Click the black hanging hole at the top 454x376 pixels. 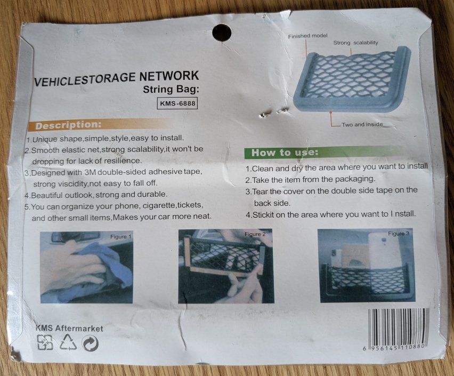click(x=222, y=33)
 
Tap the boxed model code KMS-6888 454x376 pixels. click(x=177, y=103)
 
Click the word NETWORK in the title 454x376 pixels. click(x=169, y=76)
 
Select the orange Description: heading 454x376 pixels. click(x=68, y=125)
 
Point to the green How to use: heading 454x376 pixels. click(x=285, y=153)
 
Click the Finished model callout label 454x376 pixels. click(x=308, y=36)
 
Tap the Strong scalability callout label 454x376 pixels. click(x=355, y=43)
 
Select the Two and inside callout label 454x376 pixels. click(x=362, y=124)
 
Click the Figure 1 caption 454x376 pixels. click(x=121, y=237)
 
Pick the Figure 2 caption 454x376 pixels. click(x=255, y=234)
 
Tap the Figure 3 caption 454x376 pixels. click(x=399, y=234)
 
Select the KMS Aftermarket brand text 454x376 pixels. click(x=69, y=328)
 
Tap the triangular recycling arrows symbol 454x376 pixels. click(x=68, y=342)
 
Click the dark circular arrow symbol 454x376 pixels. click(x=90, y=343)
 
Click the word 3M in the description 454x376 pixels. click(x=91, y=172)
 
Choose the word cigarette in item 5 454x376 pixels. click(x=159, y=205)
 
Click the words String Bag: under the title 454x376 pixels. click(x=171, y=89)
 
